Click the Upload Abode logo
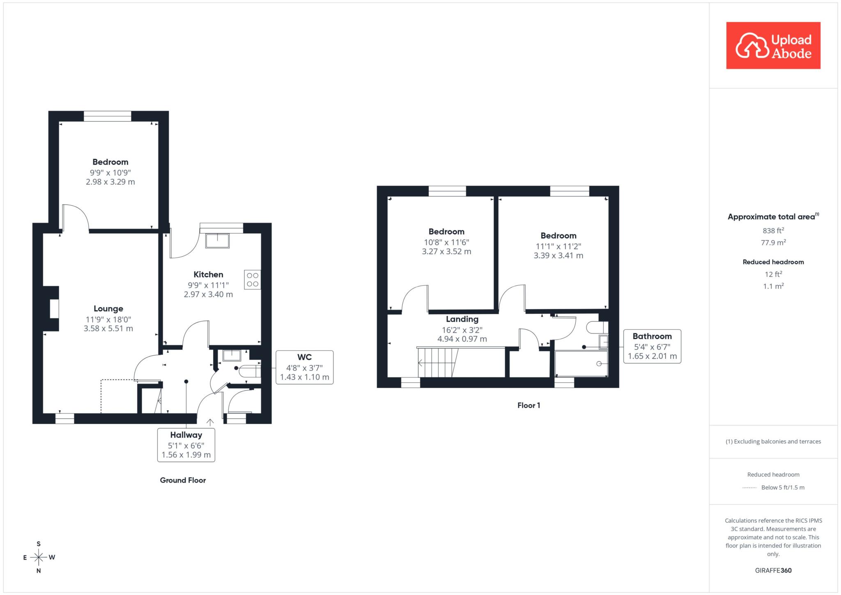(773, 46)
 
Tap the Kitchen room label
(208, 275)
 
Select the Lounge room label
(108, 309)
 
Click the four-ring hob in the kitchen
(253, 280)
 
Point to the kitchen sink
(218, 241)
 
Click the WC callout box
(304, 367)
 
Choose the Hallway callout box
(186, 445)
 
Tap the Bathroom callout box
(652, 346)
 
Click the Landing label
(462, 319)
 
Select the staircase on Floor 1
(438, 363)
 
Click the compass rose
(39, 557)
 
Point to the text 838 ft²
(773, 230)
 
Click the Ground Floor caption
(183, 480)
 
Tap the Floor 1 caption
(528, 405)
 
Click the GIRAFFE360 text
(773, 570)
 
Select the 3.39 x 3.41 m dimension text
(558, 255)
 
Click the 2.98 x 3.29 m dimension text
(110, 182)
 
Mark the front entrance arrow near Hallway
(210, 422)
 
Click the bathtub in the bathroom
(581, 363)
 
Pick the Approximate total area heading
(773, 216)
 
